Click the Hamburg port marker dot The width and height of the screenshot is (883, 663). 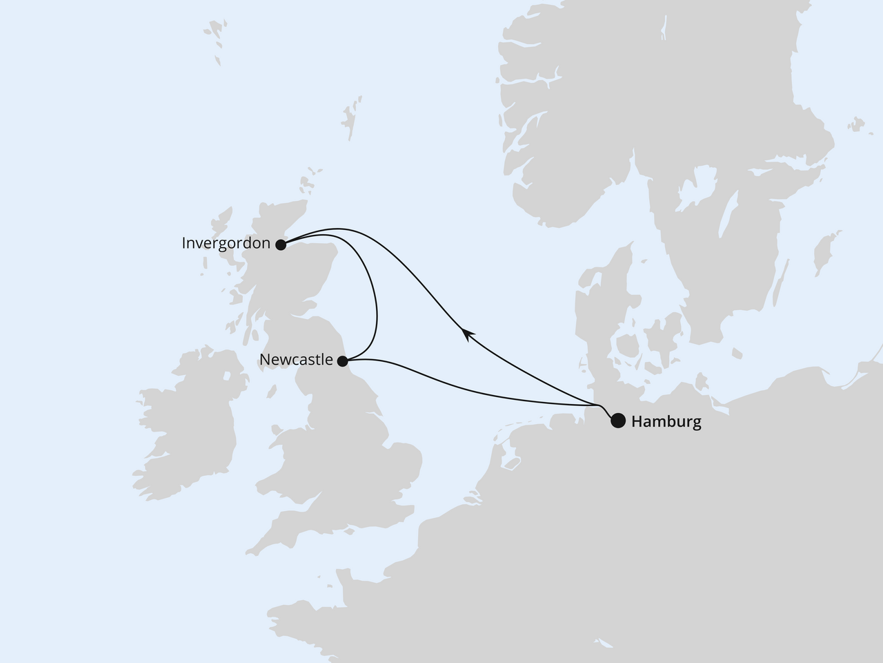coord(618,421)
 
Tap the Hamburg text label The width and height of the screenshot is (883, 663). coord(666,421)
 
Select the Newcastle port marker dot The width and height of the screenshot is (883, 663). coord(342,360)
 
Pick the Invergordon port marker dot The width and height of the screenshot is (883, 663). coord(281,244)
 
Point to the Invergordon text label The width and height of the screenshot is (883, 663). coord(226,243)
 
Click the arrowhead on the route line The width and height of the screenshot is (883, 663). coord(467,334)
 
